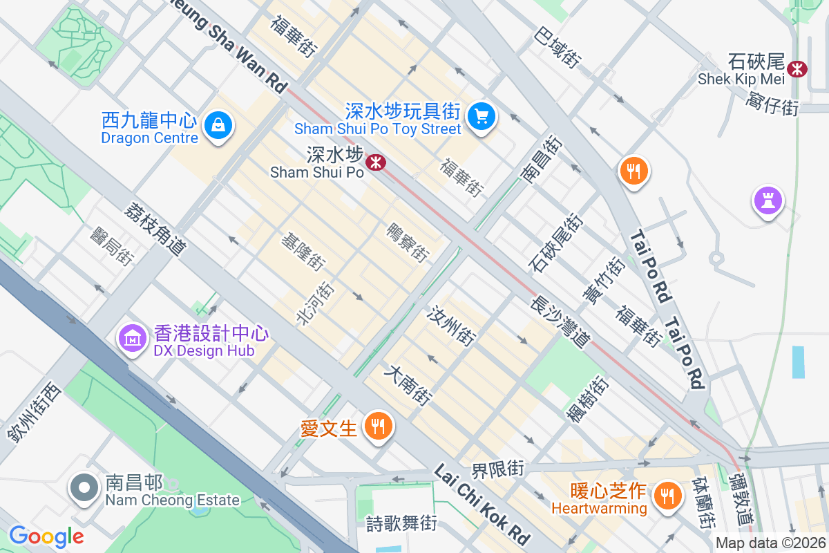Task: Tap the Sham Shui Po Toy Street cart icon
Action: coord(482,115)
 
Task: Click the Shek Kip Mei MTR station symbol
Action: coord(797,68)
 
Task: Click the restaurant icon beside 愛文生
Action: coord(378,426)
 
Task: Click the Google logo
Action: coord(46,536)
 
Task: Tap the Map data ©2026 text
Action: coord(770,543)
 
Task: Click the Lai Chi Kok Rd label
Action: coord(482,504)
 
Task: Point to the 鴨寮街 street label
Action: coord(408,242)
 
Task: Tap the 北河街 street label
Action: coord(314,303)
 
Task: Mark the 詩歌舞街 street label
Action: coord(401,523)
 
